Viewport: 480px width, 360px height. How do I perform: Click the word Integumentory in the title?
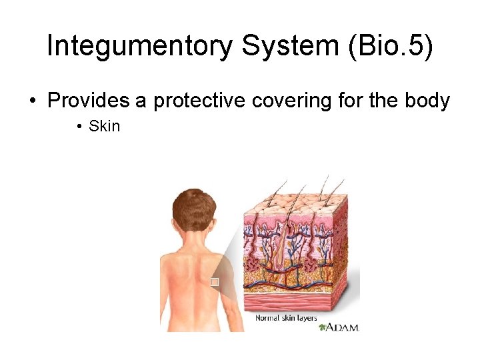tap(139, 46)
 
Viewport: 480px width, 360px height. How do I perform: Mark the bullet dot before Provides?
tap(32, 101)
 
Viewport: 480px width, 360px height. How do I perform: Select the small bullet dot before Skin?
tap(79, 126)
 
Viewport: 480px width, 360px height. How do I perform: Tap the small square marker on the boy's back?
tap(214, 282)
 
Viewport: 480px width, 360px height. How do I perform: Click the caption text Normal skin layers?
tap(286, 318)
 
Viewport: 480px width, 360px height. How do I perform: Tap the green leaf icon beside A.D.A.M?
tap(323, 327)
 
